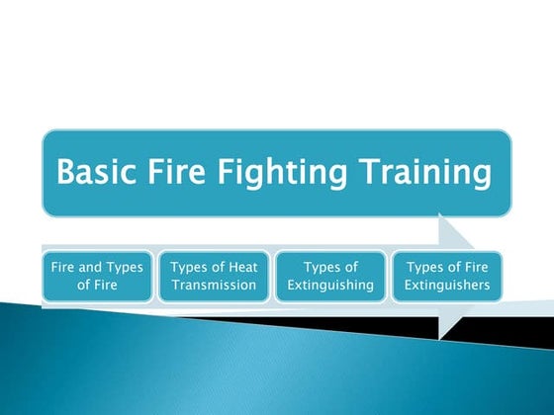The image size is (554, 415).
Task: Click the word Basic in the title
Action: pos(95,173)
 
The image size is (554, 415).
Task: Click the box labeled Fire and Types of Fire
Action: pos(97,277)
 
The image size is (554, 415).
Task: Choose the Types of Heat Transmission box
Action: pos(215,277)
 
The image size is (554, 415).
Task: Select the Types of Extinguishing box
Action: pos(331,277)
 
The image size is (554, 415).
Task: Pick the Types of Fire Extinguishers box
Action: pos(448,277)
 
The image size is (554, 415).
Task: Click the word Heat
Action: pos(242,267)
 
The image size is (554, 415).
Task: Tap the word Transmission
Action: pos(215,287)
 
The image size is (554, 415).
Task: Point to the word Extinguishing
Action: pos(331,287)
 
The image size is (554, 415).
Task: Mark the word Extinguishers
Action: pos(448,287)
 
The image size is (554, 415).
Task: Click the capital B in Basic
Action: pos(65,173)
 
